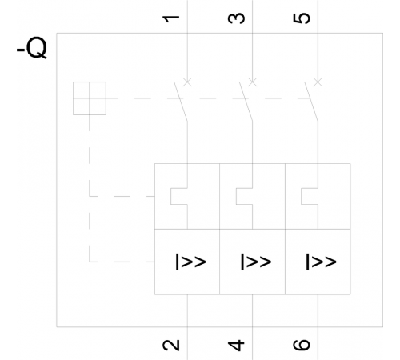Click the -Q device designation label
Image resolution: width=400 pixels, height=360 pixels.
32,47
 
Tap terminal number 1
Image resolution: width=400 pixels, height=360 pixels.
171,18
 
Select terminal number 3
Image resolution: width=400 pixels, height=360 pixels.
236,18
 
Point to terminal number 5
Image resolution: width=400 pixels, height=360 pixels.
302,18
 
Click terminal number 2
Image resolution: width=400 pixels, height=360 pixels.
171,345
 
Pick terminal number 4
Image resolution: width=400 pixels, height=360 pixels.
236,345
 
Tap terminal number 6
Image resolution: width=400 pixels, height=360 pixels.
302,345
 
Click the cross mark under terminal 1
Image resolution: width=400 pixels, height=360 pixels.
187,82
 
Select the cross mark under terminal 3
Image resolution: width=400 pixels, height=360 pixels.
253,82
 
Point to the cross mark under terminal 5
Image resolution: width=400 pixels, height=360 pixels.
318,82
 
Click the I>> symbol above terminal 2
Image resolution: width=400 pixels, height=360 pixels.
190,262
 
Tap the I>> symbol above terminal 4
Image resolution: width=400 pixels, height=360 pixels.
256,262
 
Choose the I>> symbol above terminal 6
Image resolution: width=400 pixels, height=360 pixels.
321,262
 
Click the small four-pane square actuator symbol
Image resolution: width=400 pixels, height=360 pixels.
90,98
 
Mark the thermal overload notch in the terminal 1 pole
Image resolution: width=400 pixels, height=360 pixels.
171,196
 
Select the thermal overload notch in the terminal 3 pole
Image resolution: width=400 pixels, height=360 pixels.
236,196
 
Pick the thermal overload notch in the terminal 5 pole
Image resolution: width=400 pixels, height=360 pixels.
302,196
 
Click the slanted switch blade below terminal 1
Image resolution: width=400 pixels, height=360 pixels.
181,102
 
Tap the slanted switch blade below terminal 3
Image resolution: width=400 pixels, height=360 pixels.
246,102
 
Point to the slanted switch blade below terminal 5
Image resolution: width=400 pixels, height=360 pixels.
311,102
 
